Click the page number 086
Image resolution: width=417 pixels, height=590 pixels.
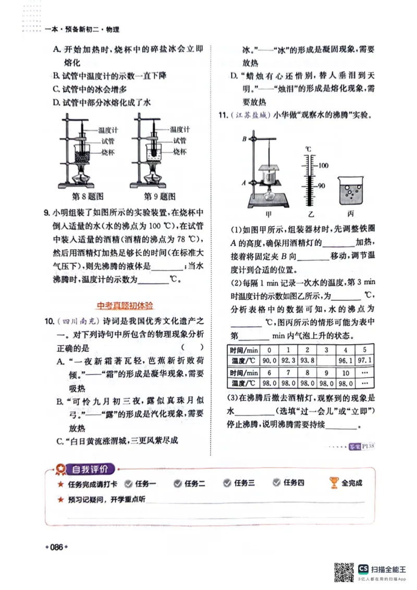[56, 547]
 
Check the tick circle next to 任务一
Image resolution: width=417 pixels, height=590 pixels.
[127, 483]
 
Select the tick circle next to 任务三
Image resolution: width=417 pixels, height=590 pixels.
[227, 483]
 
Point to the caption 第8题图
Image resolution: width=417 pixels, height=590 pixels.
[87, 196]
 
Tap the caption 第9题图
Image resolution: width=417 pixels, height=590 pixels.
[160, 196]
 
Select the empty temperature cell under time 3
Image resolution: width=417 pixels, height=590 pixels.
[326, 360]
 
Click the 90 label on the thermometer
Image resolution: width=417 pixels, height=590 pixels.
[322, 186]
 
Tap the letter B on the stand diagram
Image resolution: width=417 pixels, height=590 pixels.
[243, 139]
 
